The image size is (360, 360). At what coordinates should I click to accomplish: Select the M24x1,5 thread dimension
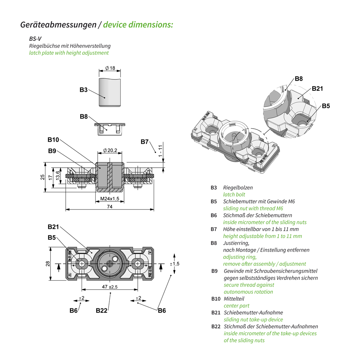coord(110,199)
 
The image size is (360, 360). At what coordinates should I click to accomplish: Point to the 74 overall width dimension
coord(109,207)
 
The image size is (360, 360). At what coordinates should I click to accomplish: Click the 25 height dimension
coord(43,177)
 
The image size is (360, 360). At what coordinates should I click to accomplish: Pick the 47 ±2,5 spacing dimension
coord(110,287)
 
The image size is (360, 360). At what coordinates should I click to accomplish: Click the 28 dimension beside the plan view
coord(48,264)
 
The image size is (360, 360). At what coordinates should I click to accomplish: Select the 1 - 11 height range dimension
coord(160,151)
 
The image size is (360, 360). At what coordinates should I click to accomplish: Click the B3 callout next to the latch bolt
coord(83,90)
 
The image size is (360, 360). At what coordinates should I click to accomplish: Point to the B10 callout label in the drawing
coord(53,140)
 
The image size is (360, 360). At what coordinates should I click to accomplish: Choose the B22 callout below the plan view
coord(102,310)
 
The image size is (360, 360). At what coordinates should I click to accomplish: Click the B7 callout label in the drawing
coord(145,142)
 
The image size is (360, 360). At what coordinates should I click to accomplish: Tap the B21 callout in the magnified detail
coord(317,89)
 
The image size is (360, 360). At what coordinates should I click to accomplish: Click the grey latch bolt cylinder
coord(110,92)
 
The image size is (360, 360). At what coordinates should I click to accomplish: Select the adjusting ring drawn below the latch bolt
coord(110,128)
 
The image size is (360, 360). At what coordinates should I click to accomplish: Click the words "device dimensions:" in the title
coord(138,25)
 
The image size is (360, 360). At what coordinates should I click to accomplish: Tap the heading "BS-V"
coord(36,39)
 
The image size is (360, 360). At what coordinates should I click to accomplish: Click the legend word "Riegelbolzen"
coord(238,188)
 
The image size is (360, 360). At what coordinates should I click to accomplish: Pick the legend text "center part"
coord(237,306)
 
